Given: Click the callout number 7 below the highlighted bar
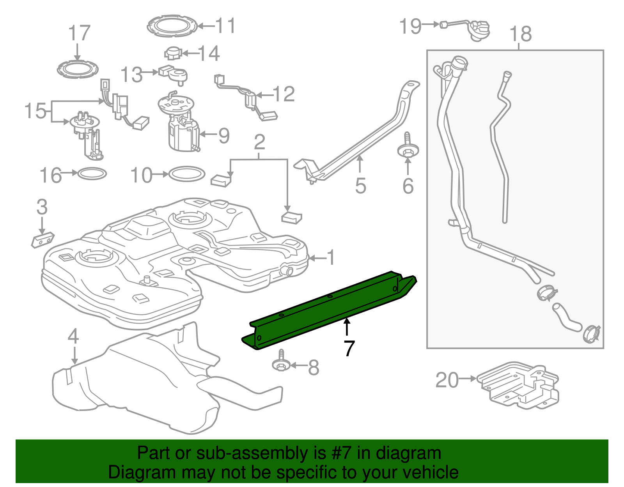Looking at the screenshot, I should (349, 348).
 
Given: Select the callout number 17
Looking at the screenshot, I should (79, 33).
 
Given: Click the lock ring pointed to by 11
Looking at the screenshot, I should (172, 26).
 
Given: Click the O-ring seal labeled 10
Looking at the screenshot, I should (187, 174).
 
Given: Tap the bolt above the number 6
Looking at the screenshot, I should (408, 149).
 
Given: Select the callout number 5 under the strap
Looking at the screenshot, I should (360, 186).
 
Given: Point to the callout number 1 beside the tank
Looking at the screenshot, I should (331, 258).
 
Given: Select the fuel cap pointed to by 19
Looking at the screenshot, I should (480, 30).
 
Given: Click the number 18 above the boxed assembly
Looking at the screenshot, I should (520, 34).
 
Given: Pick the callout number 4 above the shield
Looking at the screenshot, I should (73, 336).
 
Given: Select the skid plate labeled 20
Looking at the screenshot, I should (519, 386).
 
